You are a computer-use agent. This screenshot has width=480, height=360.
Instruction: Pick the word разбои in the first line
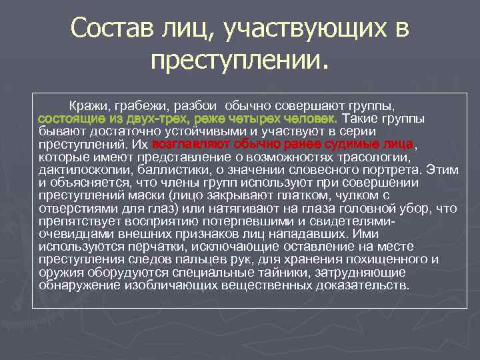(x=196, y=105)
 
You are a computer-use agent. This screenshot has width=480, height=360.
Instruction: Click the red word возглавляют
(x=191, y=143)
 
